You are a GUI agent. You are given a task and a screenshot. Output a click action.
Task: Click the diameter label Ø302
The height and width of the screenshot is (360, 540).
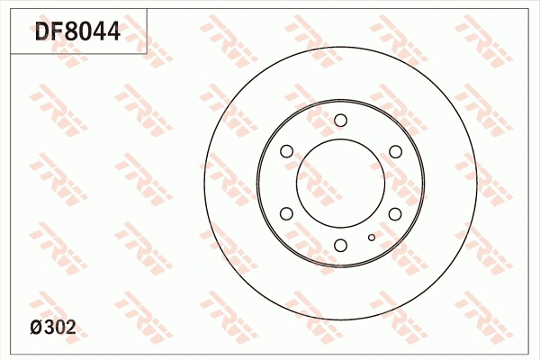(x=53, y=328)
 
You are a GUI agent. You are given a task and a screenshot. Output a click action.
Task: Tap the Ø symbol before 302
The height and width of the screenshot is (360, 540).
(x=37, y=328)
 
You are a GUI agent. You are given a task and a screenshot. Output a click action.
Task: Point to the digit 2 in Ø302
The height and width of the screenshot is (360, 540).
(x=71, y=328)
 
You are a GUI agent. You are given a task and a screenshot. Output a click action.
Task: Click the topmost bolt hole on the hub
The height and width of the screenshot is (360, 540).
(x=340, y=121)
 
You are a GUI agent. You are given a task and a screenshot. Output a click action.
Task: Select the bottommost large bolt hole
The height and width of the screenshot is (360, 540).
(x=340, y=245)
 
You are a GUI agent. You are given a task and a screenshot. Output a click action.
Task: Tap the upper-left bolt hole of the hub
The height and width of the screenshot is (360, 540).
(x=286, y=152)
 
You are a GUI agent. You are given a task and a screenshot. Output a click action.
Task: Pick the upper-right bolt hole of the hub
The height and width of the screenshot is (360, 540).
(x=394, y=152)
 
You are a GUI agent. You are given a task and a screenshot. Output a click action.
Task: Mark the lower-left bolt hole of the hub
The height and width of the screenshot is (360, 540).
(x=286, y=213)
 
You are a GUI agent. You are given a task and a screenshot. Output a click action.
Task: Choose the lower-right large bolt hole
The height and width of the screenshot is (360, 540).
(x=394, y=213)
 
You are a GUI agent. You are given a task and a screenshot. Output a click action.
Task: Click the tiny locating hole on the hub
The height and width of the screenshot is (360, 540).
(x=371, y=238)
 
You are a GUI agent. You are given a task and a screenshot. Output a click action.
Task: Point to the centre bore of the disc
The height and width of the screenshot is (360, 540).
(x=340, y=183)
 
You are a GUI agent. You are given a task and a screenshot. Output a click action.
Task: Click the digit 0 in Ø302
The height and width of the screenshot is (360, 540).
(x=60, y=328)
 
